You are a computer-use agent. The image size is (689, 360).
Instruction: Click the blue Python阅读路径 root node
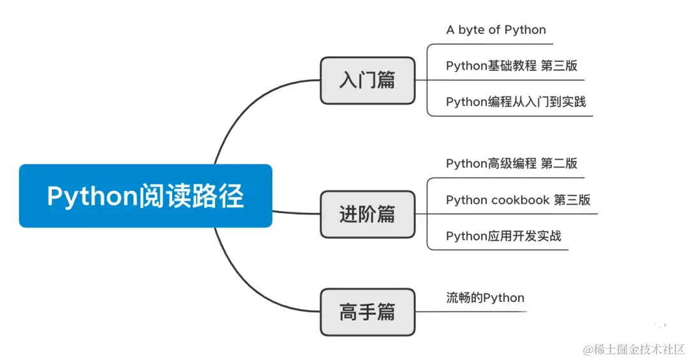[x=145, y=196]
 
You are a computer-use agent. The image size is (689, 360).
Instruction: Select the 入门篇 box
[x=367, y=80]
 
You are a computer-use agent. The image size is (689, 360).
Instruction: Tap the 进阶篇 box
[x=367, y=214]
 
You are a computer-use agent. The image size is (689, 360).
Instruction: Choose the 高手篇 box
[x=367, y=312]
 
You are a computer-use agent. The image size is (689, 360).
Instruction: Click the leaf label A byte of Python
[x=496, y=30]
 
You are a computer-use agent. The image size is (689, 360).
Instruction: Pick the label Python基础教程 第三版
[x=512, y=66]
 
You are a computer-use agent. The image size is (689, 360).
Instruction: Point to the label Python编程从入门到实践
[x=515, y=101]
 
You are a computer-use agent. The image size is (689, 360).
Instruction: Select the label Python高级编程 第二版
[x=512, y=163]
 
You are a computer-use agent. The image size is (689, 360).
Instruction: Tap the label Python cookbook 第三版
[x=518, y=200]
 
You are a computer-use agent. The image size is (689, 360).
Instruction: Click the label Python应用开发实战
[x=503, y=236]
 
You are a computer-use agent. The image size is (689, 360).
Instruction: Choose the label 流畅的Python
[x=485, y=297]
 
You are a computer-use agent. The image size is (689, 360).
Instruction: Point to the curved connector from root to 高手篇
[x=246, y=281]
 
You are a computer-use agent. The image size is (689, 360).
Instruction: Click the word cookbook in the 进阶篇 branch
[x=519, y=200]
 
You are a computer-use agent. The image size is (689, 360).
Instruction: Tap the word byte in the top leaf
[x=471, y=30]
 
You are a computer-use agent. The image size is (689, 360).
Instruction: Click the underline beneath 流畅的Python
[x=478, y=312]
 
